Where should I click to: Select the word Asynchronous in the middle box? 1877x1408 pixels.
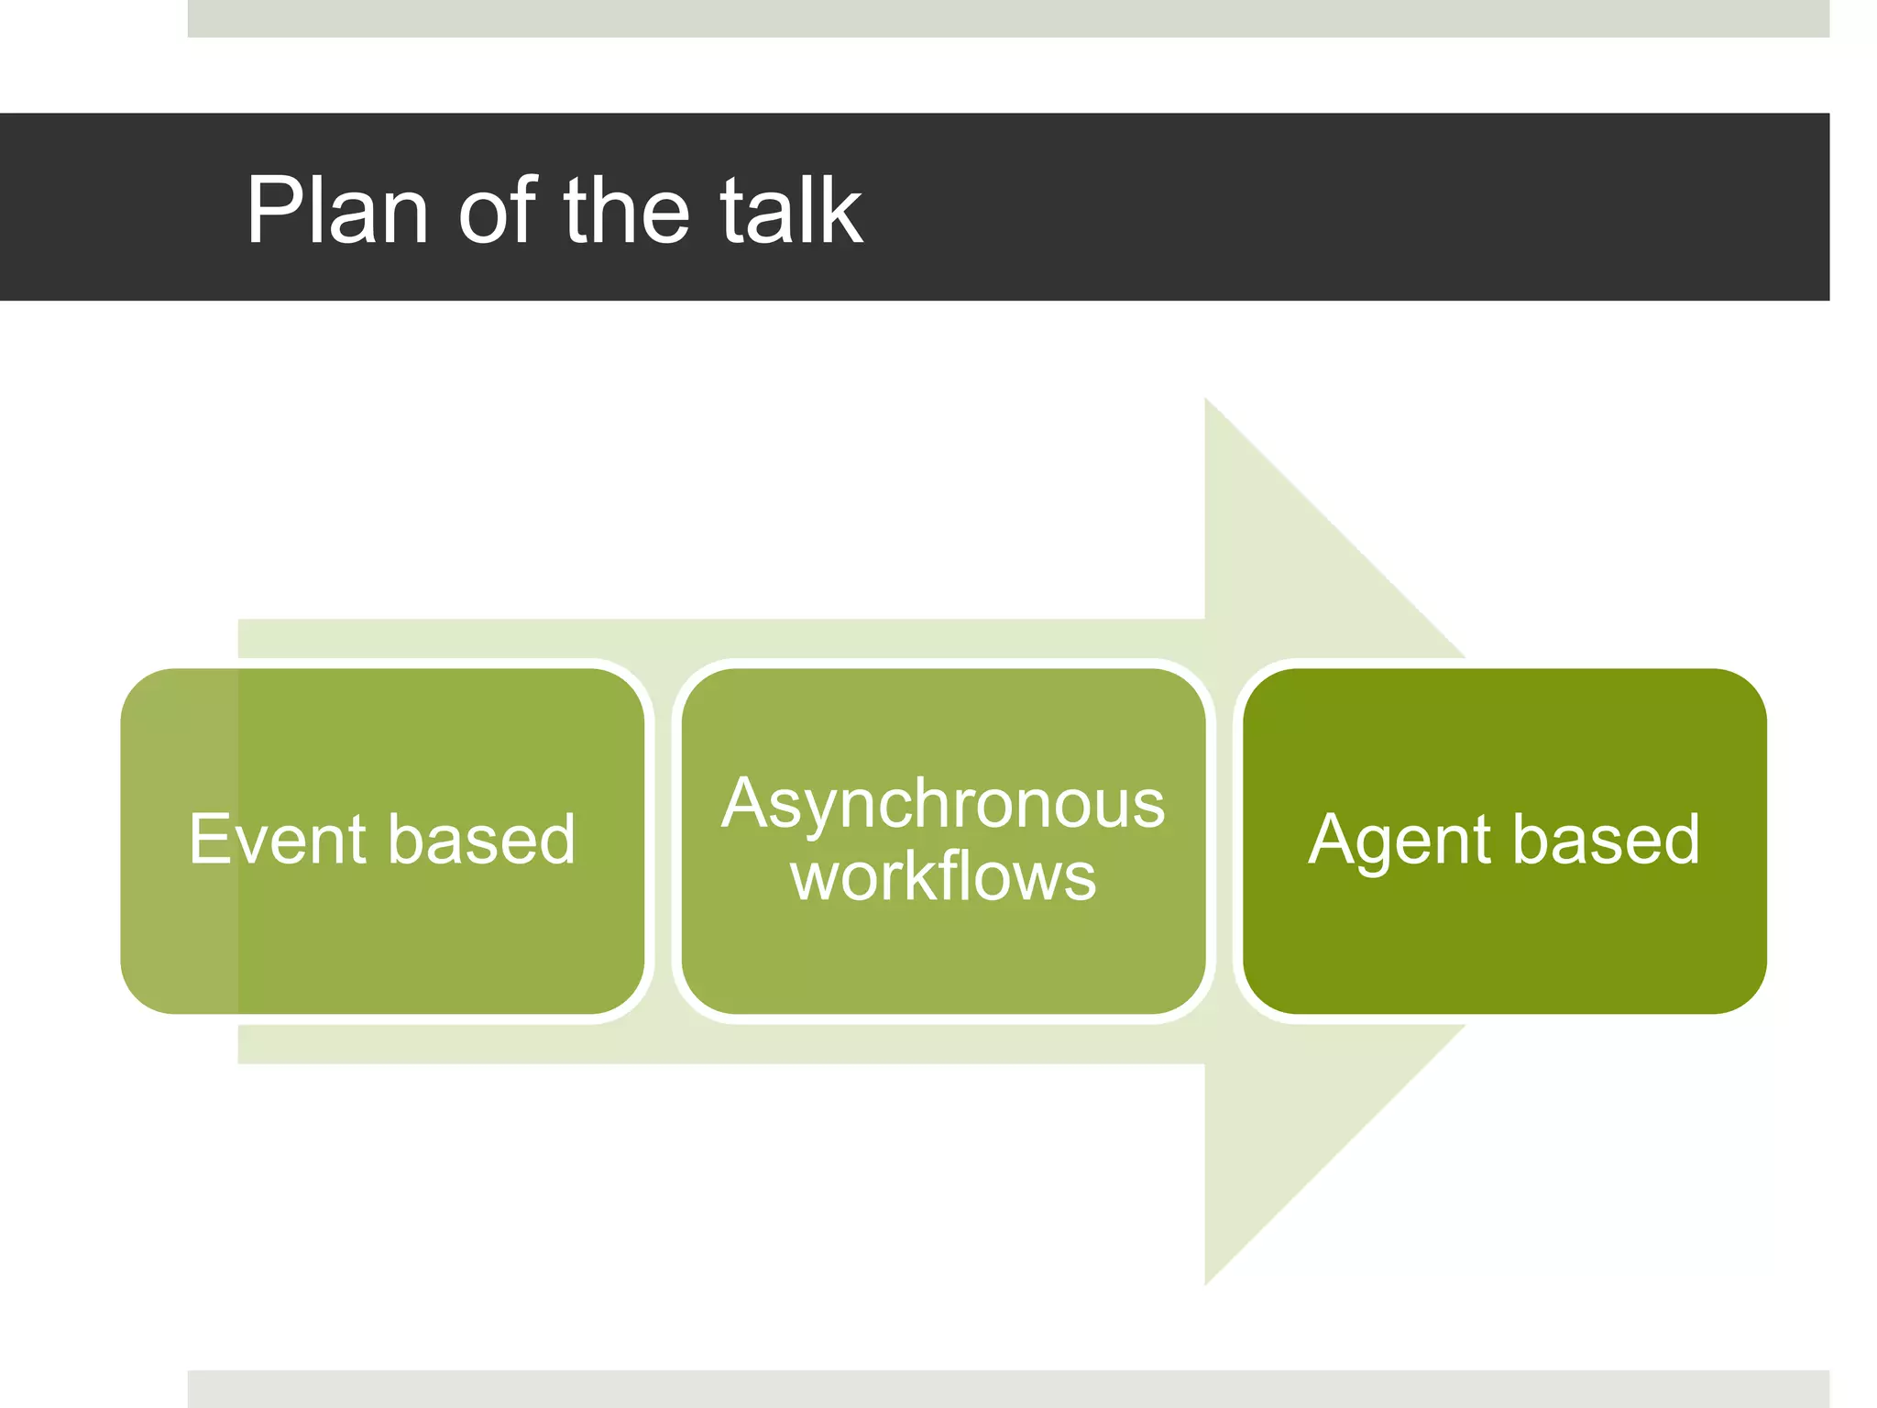pyautogui.click(x=943, y=805)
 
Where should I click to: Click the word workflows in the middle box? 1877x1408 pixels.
pyautogui.click(x=943, y=876)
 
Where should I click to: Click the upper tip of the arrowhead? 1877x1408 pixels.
pyautogui.click(x=1206, y=401)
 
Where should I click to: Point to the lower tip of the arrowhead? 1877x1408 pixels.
pyautogui.click(x=1206, y=1281)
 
